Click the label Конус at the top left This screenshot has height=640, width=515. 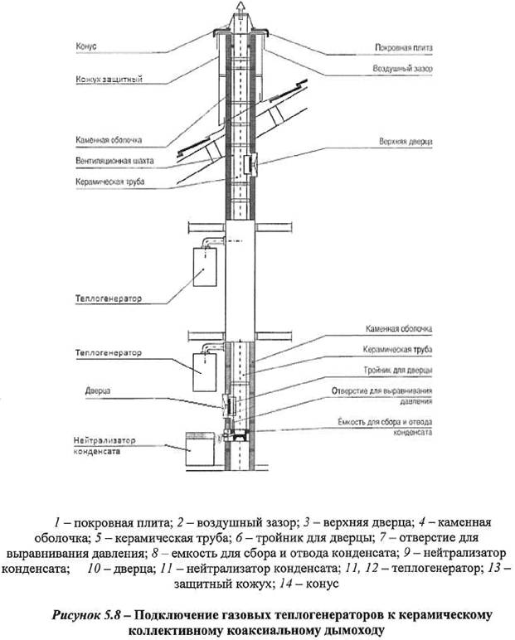pos(85,47)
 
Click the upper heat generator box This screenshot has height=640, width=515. pos(201,271)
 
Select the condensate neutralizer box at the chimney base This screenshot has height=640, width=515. pos(200,451)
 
